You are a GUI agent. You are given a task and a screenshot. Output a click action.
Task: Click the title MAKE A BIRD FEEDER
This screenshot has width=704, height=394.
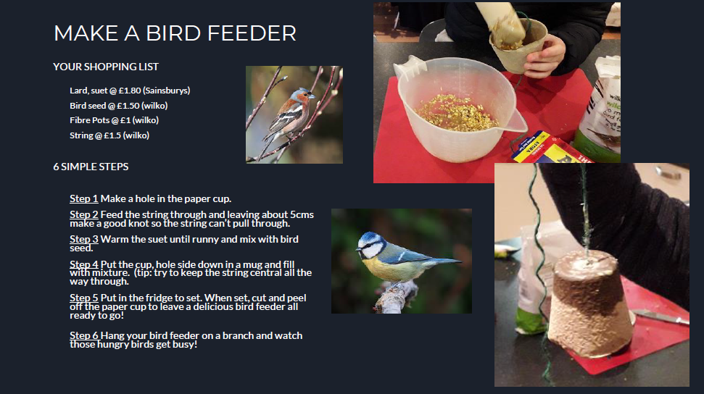[x=175, y=33]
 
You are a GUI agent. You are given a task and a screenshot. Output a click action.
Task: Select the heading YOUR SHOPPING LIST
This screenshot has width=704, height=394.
[x=106, y=67]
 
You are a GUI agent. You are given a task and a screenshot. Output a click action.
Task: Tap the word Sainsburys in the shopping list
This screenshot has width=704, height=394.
[x=166, y=91]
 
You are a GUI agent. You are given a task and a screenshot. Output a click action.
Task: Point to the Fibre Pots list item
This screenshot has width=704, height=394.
[x=114, y=120]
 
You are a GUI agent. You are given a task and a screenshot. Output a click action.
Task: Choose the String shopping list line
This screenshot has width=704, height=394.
[x=109, y=135]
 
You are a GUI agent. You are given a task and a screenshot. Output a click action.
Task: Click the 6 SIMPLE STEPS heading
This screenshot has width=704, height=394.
[x=91, y=167]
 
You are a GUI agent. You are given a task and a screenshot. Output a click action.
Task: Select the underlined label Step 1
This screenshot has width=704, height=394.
[x=83, y=198]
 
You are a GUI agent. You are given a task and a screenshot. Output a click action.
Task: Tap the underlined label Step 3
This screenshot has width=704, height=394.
[x=83, y=239]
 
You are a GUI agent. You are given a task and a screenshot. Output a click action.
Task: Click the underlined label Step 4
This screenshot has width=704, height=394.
[x=83, y=264]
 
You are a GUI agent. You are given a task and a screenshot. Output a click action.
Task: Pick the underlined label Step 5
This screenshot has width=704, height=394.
[x=83, y=298]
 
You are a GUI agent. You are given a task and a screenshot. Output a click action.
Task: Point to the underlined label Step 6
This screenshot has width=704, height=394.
[x=83, y=335]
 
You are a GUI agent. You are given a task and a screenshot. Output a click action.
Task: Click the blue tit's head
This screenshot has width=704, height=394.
[x=370, y=246]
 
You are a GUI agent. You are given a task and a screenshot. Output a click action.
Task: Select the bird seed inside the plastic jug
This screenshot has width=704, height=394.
[x=456, y=113]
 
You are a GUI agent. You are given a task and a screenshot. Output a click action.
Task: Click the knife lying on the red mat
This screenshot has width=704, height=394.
[x=660, y=317]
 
